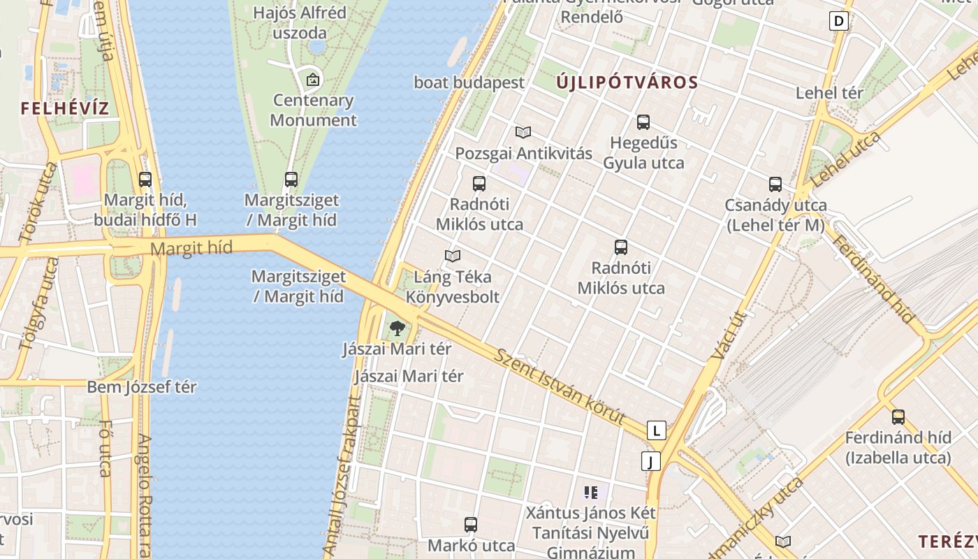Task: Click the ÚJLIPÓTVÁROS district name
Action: pos(627,82)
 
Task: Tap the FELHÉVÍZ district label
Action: pos(65,108)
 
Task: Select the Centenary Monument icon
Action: pos(313,79)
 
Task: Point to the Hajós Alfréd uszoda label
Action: pos(300,22)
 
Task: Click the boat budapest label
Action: pos(469,82)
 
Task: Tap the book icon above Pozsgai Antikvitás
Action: pos(523,132)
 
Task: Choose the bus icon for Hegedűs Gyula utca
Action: pos(643,122)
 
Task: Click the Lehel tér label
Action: pos(829,92)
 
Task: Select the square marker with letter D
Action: pos(839,21)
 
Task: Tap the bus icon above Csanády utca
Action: pos(775,184)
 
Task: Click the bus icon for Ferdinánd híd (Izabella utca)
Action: pos(898,417)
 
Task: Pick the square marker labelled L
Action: pos(656,430)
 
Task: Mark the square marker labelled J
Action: pos(650,461)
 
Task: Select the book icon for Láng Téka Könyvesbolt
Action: pos(453,256)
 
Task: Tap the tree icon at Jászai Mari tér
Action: pos(397,328)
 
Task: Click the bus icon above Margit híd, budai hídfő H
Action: pos(145,180)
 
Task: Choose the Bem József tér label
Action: pos(142,386)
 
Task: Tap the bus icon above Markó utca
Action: pos(471,525)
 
